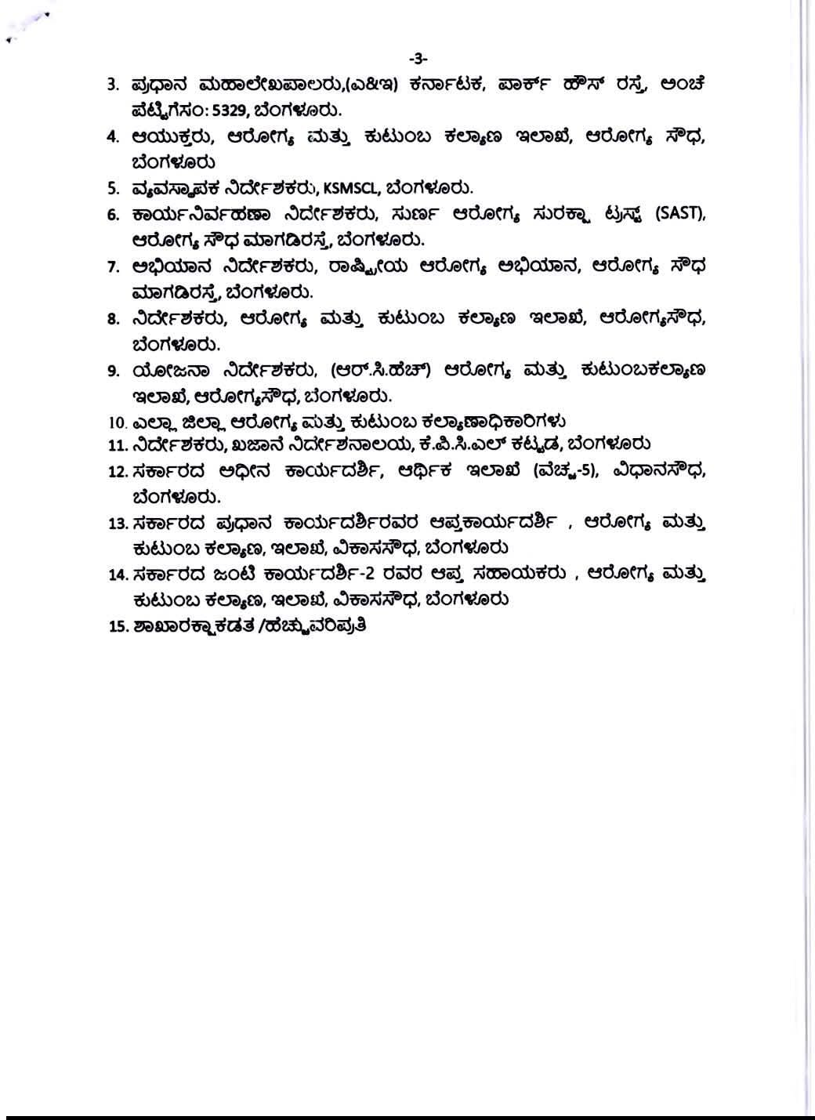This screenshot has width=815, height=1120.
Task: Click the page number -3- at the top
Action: (x=418, y=57)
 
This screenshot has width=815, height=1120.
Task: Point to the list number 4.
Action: (x=113, y=136)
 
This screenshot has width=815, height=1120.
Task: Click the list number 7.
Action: (x=113, y=266)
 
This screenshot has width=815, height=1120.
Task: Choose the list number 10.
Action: (x=118, y=422)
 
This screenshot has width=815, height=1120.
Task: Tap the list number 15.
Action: (x=118, y=626)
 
